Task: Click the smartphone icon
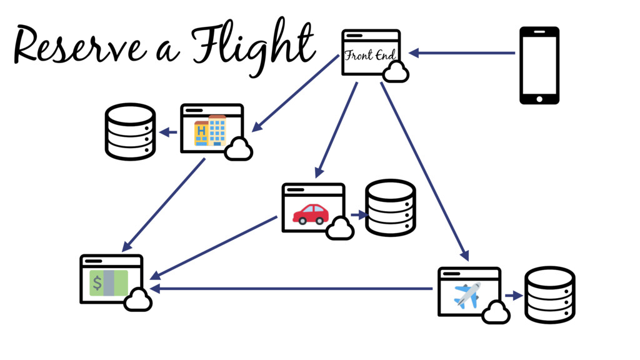539,64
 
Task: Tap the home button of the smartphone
539,97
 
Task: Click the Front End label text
370,56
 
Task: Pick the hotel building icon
210,130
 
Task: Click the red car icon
311,213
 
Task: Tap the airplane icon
467,295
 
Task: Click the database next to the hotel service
129,132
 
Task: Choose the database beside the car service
390,208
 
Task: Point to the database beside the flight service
549,295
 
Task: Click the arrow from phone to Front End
462,53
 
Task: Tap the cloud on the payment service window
138,301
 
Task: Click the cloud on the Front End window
396,72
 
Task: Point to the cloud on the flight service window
496,312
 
